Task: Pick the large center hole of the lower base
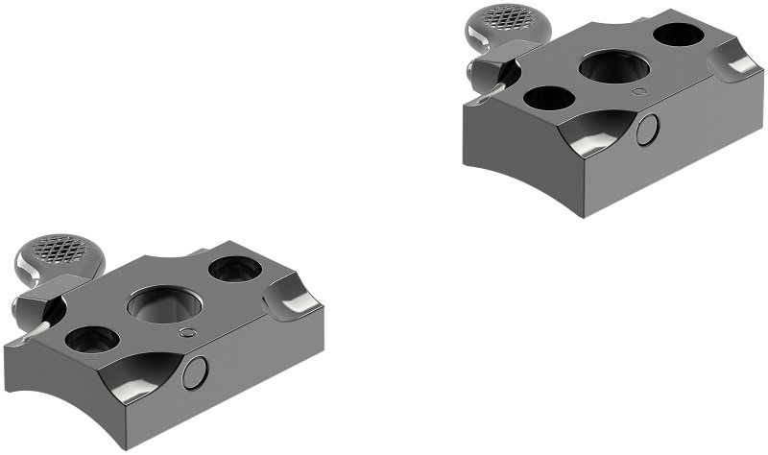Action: [x=164, y=305]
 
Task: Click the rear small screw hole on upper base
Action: [x=678, y=35]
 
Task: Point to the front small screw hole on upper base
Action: [x=548, y=97]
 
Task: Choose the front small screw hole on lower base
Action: [x=93, y=339]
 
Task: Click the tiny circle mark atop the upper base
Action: [x=640, y=92]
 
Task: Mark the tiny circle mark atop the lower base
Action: [x=188, y=332]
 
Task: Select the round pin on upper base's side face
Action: [x=648, y=129]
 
